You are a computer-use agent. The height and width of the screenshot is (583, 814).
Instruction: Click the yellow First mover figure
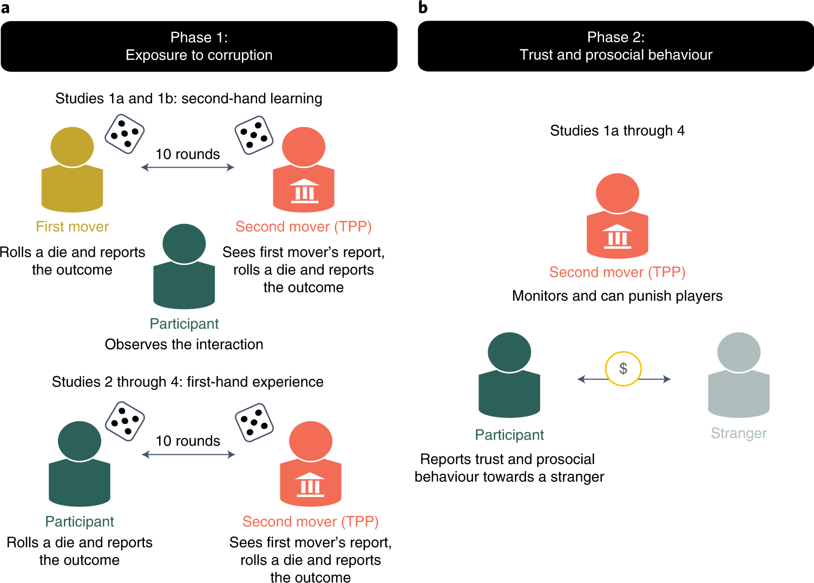pos(72,170)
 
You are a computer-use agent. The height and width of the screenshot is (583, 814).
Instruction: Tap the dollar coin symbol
pos(623,369)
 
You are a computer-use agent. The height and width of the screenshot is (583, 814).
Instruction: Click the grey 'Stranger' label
pos(739,433)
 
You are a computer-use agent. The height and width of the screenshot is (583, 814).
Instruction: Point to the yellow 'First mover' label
pos(72,227)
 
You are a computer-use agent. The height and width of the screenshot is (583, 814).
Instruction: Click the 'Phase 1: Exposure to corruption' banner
pos(199,47)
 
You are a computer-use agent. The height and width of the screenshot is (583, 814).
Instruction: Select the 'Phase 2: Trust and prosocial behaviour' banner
pos(616,47)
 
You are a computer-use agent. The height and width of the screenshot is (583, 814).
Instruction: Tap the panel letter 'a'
pos(5,8)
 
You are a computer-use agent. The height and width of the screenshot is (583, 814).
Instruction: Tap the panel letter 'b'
pos(423,8)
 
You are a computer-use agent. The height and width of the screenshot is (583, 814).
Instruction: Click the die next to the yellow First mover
pos(124,134)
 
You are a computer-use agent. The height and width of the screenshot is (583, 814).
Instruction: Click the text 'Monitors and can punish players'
pos(617,296)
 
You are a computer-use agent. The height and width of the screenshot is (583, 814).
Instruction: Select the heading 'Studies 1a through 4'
pos(617,131)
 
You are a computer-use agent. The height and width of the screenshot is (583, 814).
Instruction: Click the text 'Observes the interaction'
pos(184,345)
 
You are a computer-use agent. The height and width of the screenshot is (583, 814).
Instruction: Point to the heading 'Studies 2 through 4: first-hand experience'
pos(187,382)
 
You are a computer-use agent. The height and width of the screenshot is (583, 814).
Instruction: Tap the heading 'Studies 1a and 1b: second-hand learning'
pos(188,98)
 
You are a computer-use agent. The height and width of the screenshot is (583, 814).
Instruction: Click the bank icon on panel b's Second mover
pos(618,236)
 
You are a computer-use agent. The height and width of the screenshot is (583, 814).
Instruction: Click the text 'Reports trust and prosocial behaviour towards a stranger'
pos(509,468)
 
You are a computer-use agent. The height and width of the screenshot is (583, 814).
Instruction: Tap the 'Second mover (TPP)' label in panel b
pos(617,272)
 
